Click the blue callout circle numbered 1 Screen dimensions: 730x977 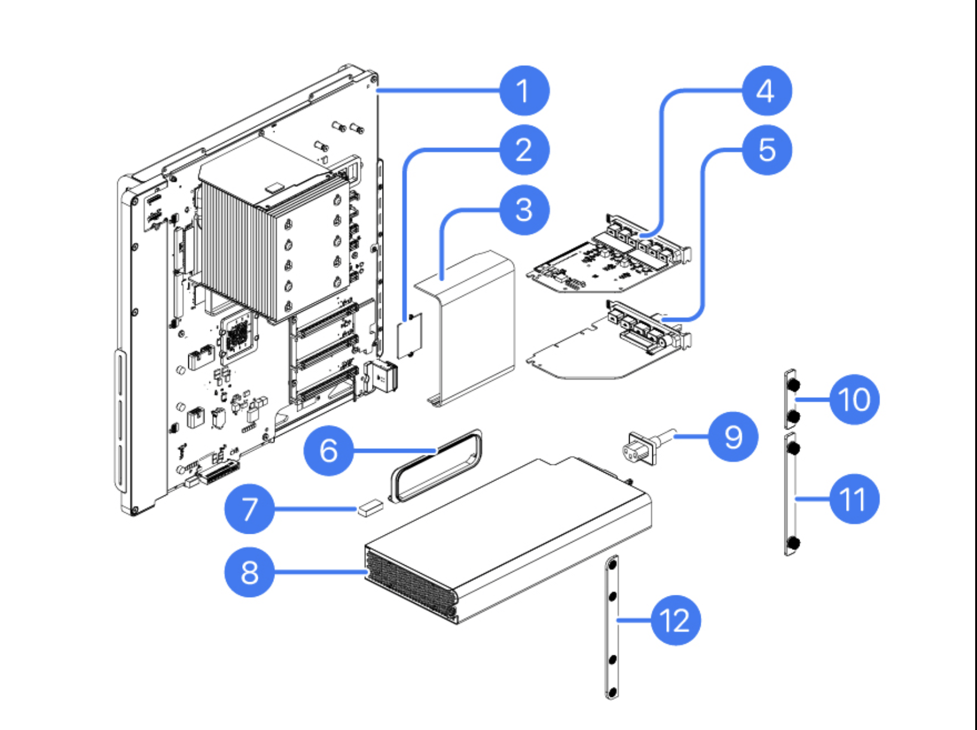click(524, 90)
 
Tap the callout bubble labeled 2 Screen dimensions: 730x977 click(524, 150)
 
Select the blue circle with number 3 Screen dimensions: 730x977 click(524, 209)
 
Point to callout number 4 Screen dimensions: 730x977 click(767, 90)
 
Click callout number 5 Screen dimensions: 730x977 click(767, 150)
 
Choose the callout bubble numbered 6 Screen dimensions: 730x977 click(328, 450)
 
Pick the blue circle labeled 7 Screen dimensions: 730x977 click(249, 509)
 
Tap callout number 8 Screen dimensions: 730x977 click(249, 571)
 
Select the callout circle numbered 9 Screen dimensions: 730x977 click(733, 437)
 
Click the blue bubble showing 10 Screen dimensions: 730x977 click(854, 399)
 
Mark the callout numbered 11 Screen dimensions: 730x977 click(854, 498)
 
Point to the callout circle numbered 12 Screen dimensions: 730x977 click(675, 620)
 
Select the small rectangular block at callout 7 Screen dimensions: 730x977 click(370, 508)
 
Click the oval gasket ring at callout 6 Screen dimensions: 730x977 click(435, 465)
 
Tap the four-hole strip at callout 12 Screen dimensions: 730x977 click(612, 627)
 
